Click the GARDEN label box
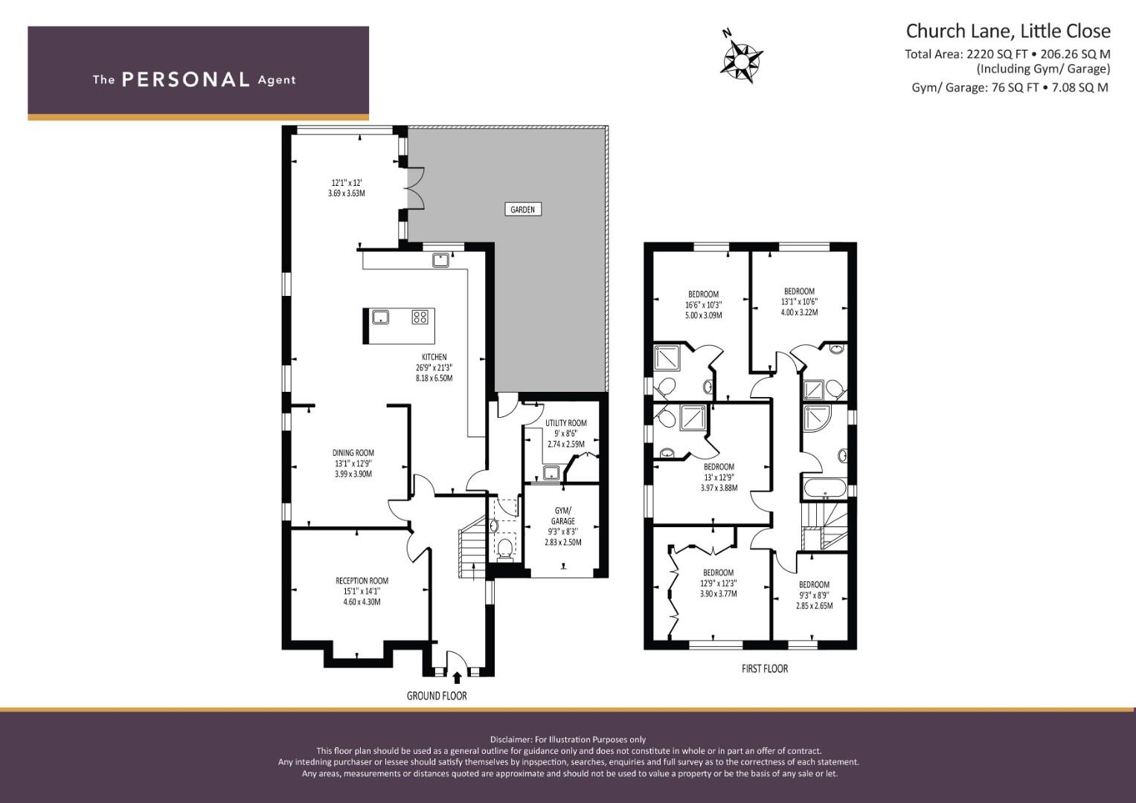coord(523,210)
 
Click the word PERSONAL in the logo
coord(186,80)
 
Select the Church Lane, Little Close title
coord(1008,31)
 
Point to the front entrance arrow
coord(457,678)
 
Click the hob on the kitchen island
coord(420,317)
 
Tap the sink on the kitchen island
coord(380,317)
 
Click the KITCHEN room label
coord(434,357)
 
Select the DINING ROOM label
coord(353,453)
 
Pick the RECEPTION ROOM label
coord(362,581)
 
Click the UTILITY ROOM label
coord(566,423)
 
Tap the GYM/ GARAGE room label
coord(563,515)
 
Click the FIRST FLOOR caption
coord(765,668)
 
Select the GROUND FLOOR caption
coord(437,696)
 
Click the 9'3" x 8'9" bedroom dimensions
coord(814,595)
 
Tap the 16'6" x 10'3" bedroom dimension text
coord(704,305)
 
